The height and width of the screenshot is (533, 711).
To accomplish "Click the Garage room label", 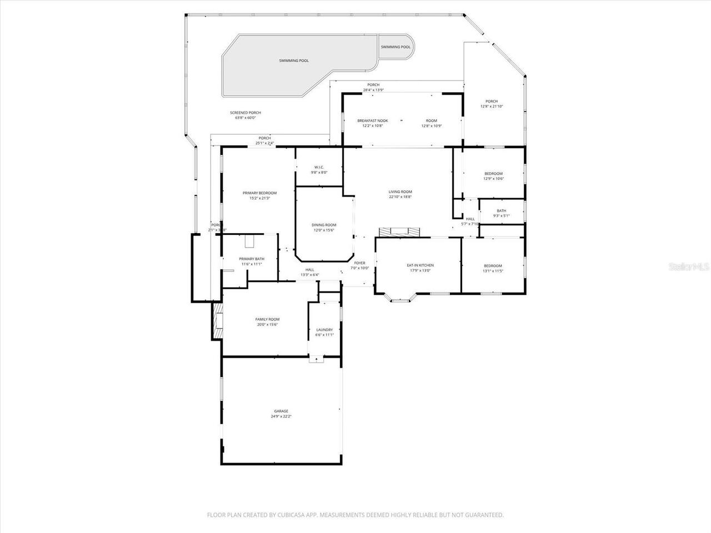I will click(281, 411).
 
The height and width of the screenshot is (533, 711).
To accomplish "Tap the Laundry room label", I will click(324, 330).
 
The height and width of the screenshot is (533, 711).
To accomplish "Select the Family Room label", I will click(267, 319).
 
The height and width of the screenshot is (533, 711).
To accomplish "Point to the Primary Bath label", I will click(252, 259).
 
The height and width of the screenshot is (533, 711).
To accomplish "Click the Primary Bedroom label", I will click(259, 193).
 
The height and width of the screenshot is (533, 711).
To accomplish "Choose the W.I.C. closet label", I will click(319, 167).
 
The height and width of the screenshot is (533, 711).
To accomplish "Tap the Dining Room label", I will click(324, 225).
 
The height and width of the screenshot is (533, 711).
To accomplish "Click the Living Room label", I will click(400, 192).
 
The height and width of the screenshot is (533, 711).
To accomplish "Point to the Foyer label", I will click(360, 263).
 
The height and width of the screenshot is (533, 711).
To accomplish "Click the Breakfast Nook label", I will click(372, 120).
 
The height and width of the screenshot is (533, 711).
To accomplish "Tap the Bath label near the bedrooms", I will click(501, 211).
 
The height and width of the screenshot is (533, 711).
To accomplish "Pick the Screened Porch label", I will click(246, 113).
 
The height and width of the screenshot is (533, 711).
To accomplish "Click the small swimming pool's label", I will click(395, 47).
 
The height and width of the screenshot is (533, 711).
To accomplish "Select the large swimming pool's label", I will click(294, 61).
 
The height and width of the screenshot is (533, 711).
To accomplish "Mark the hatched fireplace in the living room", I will click(400, 232).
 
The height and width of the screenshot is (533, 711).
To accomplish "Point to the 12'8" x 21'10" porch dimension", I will click(492, 106).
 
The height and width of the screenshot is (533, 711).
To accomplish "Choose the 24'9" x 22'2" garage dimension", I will click(281, 416).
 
